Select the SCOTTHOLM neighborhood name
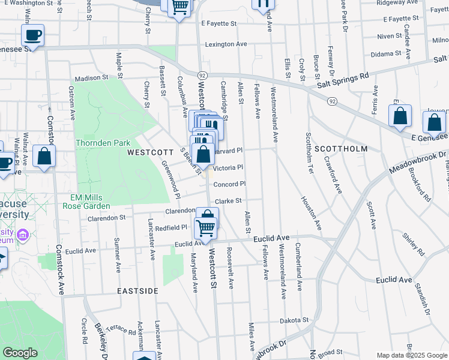coord(340,148)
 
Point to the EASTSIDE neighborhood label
coord(138,291)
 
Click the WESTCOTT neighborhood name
coord(151,152)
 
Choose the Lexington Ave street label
coord(226,44)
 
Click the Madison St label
coord(91,78)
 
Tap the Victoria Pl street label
coord(228,168)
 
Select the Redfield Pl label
coord(172,228)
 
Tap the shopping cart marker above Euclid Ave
coord(205,228)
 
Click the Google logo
coord(20,353)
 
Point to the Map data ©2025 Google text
coord(411,355)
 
